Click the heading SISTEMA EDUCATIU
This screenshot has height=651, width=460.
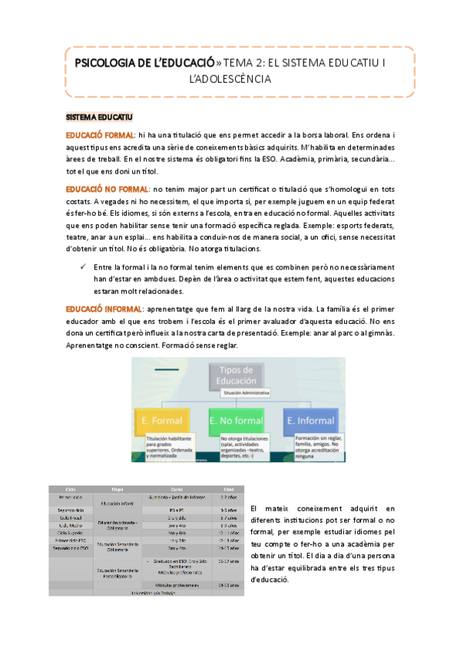[x=99, y=117]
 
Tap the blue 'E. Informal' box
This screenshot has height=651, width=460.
[x=312, y=421]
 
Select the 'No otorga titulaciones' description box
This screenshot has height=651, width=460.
[x=243, y=446]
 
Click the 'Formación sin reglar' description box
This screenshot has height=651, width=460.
[x=314, y=444]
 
